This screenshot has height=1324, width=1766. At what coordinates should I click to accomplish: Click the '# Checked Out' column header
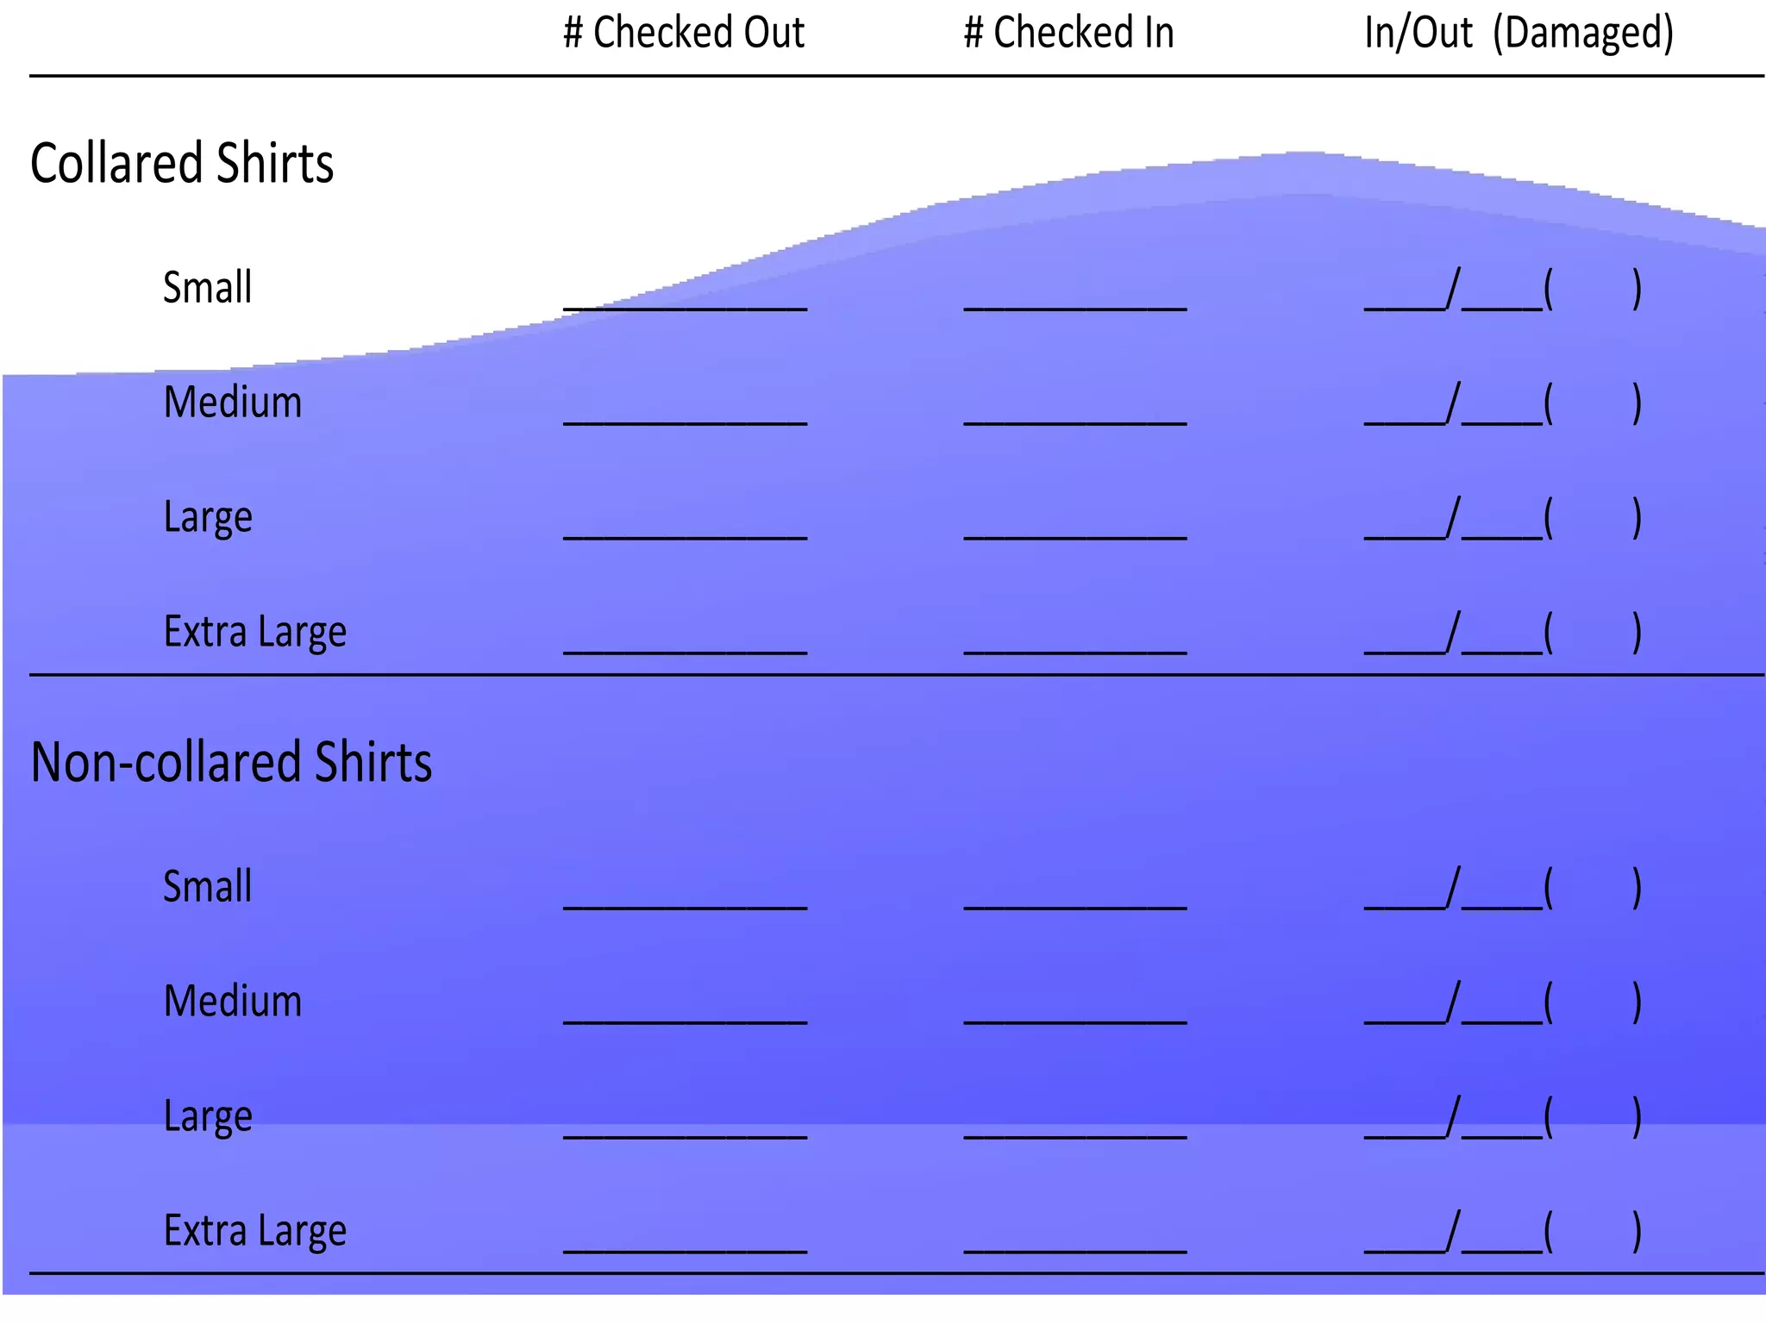684,33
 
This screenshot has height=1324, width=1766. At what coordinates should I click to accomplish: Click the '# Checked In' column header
1068,33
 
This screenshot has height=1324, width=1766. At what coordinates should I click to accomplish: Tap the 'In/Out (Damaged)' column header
1519,33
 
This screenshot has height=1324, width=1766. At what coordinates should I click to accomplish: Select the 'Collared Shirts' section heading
182,163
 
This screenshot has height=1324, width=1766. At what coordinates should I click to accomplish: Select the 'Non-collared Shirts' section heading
231,762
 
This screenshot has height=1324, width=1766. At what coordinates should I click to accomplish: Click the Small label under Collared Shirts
208,287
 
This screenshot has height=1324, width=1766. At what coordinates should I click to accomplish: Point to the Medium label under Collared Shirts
233,402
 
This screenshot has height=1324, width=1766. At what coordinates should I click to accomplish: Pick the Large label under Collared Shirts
208,517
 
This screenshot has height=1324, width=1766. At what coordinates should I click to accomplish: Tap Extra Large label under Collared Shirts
255,632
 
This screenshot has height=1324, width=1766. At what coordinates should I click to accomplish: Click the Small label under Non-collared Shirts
208,886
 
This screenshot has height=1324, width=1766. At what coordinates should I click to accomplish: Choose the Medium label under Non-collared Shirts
233,1001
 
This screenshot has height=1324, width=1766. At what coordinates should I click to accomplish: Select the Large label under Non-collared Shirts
208,1116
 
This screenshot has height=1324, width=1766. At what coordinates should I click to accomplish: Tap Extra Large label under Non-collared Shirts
255,1231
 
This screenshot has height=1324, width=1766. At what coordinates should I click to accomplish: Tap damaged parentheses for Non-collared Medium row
1593,1002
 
